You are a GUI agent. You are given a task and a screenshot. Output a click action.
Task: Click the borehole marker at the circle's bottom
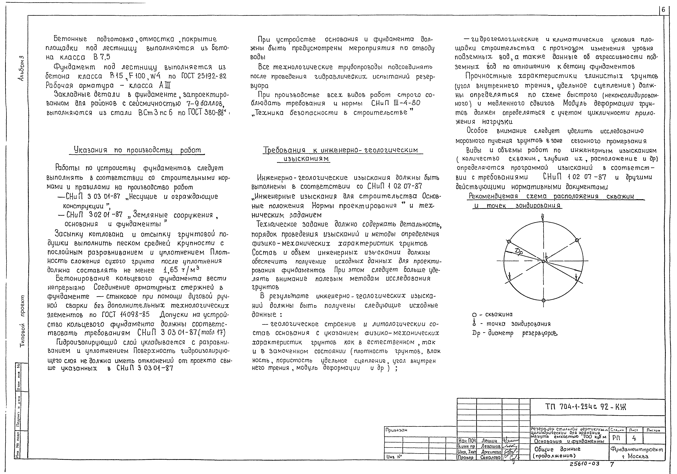click(543, 300)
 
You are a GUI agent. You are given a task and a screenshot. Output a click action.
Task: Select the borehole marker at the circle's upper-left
click(509, 242)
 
